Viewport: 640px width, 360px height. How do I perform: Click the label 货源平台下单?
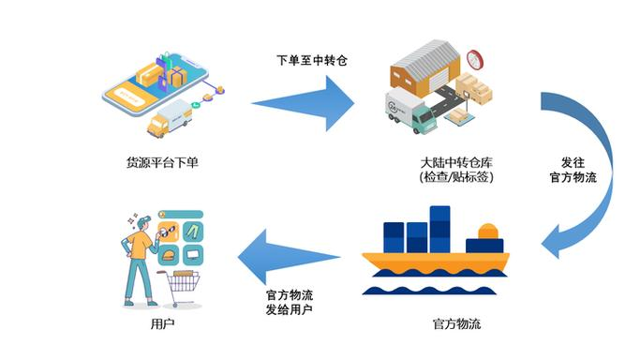(x=161, y=162)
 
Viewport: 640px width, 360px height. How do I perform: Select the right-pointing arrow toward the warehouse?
(x=301, y=97)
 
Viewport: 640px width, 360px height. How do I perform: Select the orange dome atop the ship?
(x=487, y=231)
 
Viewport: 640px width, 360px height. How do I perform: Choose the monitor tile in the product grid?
(x=192, y=253)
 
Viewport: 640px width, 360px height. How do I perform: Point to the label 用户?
(x=161, y=324)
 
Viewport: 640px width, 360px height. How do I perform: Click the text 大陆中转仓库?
(x=456, y=161)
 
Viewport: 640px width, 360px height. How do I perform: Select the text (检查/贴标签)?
(x=456, y=177)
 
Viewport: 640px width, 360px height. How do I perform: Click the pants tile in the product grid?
(x=192, y=231)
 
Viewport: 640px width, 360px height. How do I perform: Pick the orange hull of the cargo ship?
(x=435, y=260)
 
